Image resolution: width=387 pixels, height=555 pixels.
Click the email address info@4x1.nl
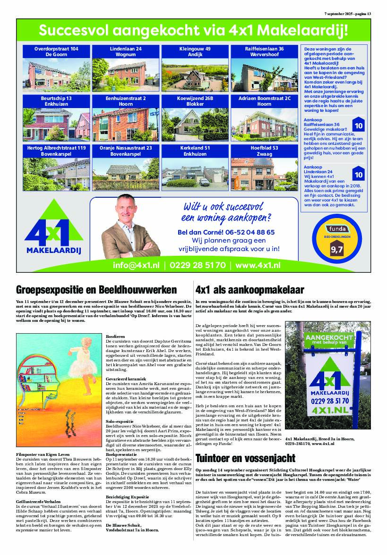click(x=136, y=265)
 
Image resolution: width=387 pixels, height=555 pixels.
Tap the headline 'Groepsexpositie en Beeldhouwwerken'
click(x=96, y=290)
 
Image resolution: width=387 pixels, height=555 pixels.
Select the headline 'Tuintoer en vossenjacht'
click(x=245, y=458)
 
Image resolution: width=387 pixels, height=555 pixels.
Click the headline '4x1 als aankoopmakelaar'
click(x=249, y=290)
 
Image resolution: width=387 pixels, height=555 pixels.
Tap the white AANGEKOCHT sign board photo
click(x=331, y=378)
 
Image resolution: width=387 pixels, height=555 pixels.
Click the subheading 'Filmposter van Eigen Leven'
click(x=42, y=454)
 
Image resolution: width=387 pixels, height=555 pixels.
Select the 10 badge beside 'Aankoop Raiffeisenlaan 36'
click(x=358, y=126)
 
